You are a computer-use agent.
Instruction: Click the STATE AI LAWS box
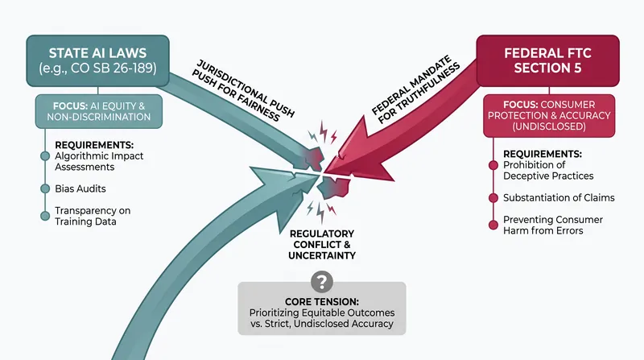[x=97, y=61]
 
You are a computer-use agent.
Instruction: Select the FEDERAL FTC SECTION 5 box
[x=548, y=61]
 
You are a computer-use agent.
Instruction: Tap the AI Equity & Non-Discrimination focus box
[x=98, y=111]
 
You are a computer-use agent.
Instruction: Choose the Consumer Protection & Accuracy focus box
[x=549, y=115]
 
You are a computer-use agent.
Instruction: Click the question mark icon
[x=321, y=282]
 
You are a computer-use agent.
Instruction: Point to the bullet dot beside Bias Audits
[x=45, y=188]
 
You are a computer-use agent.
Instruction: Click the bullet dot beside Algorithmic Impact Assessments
[x=45, y=156]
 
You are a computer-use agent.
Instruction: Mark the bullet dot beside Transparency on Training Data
[x=45, y=216]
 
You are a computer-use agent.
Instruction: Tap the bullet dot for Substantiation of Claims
[x=493, y=197]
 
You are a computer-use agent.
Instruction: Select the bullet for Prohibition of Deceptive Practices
[x=493, y=165]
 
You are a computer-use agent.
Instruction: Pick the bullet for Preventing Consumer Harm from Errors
[x=493, y=225]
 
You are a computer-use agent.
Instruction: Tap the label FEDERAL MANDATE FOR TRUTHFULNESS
[x=415, y=90]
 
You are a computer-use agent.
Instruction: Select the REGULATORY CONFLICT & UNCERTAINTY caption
[x=322, y=245]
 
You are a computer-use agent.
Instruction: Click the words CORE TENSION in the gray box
[x=322, y=302]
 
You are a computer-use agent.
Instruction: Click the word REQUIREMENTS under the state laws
[x=94, y=145]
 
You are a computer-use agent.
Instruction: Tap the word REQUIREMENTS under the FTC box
[x=543, y=154]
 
